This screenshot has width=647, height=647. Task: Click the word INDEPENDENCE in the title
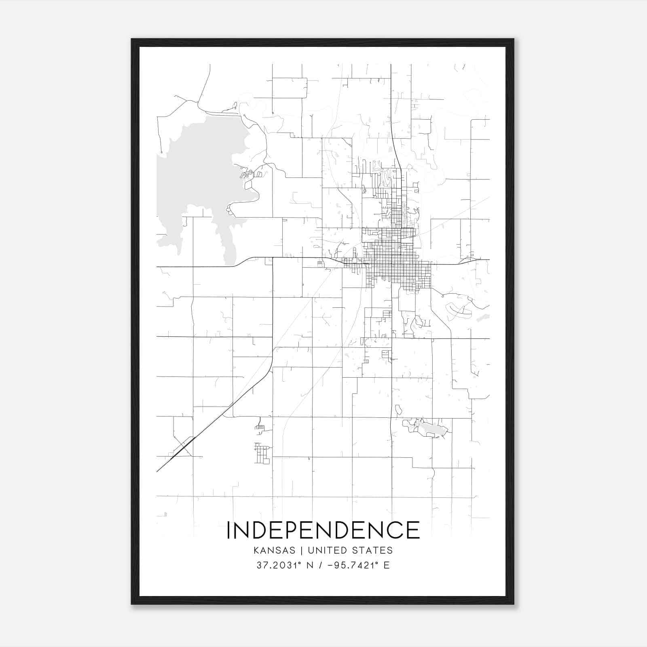[323, 530]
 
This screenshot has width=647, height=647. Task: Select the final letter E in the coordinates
[387, 565]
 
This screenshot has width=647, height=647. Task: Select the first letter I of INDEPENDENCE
[229, 530]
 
